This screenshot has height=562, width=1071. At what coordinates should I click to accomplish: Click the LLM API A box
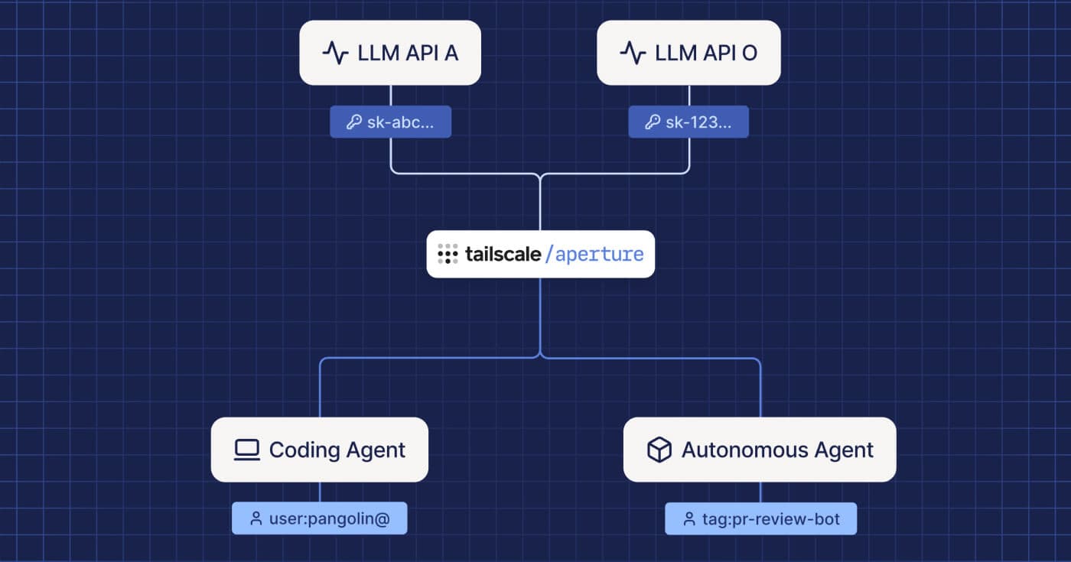(389, 53)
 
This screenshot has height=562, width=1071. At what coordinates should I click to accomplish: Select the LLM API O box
(688, 53)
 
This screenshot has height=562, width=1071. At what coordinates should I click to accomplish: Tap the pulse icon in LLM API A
(335, 53)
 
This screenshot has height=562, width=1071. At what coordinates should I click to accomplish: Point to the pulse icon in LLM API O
(633, 53)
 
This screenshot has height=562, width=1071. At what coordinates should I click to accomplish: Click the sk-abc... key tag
(390, 122)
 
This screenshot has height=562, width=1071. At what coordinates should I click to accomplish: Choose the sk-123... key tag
(688, 122)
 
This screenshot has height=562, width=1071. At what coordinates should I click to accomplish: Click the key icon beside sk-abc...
(353, 122)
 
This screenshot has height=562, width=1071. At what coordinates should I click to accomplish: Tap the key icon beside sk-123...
(652, 122)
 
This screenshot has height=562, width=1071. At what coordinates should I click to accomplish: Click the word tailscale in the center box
(503, 255)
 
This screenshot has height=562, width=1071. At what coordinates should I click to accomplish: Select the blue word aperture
(600, 255)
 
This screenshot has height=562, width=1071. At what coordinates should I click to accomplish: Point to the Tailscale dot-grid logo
(448, 255)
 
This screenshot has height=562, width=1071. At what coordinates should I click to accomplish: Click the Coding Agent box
(319, 450)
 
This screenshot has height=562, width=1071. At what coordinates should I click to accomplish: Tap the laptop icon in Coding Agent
(246, 450)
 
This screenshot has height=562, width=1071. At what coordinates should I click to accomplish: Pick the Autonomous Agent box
(759, 450)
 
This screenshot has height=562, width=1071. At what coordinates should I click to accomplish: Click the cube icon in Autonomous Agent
(659, 450)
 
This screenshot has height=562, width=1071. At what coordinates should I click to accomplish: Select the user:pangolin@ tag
(319, 518)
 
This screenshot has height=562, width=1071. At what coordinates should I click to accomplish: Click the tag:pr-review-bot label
(760, 519)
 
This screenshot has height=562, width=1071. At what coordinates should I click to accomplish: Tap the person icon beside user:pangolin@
(256, 519)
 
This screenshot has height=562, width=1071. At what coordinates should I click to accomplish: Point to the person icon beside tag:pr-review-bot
(688, 519)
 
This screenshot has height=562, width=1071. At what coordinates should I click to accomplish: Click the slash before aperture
(549, 255)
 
